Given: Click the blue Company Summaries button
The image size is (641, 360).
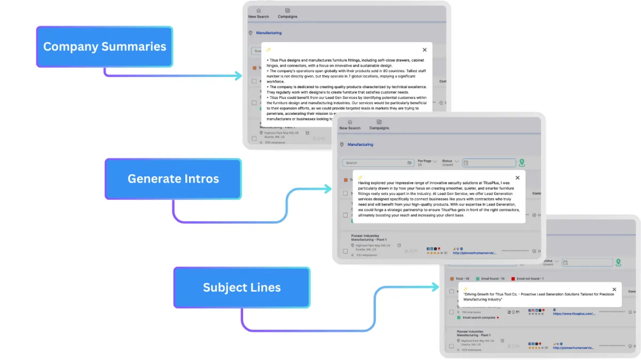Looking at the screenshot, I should coord(105,46).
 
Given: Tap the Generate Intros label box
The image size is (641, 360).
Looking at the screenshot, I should coord(173,179).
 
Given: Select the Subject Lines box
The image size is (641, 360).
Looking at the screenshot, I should coord(241,287).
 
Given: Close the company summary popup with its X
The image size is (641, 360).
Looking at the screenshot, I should coord(425,50).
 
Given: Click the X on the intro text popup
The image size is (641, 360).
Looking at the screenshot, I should coord(517,178).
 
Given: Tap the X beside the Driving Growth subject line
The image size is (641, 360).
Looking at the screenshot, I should coord(614,289).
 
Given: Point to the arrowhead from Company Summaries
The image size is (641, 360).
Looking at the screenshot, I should coord(239,76).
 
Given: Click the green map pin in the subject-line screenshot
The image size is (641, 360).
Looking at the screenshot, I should coord(618,262).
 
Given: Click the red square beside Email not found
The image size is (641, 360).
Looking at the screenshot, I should coord(513,279).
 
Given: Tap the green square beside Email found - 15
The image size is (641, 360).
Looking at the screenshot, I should coord(478,279).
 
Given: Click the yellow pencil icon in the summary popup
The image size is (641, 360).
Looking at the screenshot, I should coord(269,49).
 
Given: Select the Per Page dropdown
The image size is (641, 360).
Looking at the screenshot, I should coord(427,162).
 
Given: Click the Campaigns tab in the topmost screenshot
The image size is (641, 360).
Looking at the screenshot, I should coord(287,13).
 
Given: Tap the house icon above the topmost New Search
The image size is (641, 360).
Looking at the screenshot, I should coord(259,11).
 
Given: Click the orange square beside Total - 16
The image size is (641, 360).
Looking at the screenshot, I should coord(452,279).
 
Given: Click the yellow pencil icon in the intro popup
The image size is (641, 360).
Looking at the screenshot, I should coord(360,177).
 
